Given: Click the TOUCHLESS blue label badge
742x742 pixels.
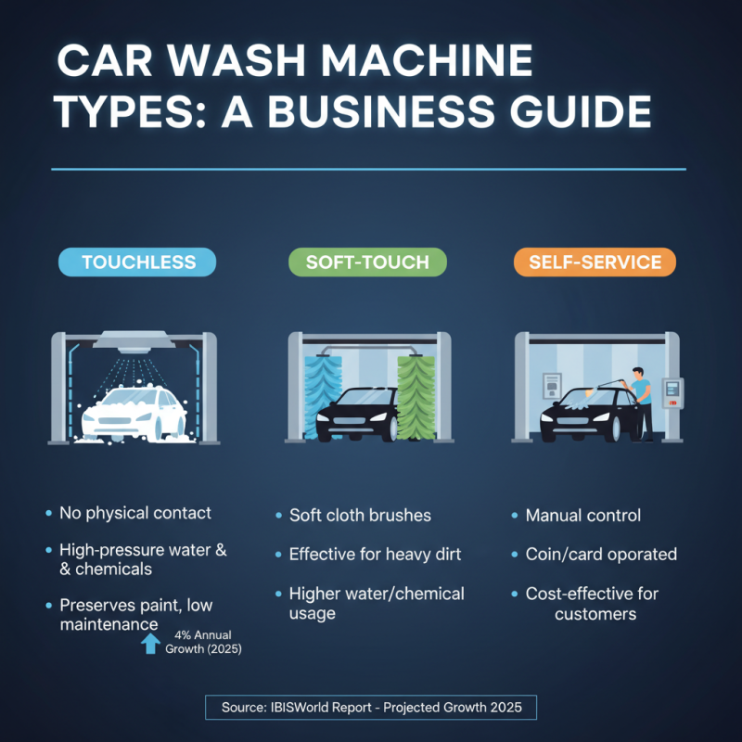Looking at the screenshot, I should click(137, 262).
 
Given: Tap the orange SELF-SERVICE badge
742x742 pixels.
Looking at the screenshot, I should click(595, 262).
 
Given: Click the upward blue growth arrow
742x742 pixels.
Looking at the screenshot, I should click(150, 643).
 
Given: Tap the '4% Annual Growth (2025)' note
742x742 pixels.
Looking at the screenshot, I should click(203, 642).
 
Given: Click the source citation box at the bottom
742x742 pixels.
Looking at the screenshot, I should click(371, 708).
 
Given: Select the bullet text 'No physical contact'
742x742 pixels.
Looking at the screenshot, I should click(135, 513).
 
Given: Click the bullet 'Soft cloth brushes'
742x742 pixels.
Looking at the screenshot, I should click(360, 515).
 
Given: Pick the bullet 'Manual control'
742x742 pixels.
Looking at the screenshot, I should click(582, 515).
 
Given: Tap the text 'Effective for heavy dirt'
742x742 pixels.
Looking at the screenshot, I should click(375, 555).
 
